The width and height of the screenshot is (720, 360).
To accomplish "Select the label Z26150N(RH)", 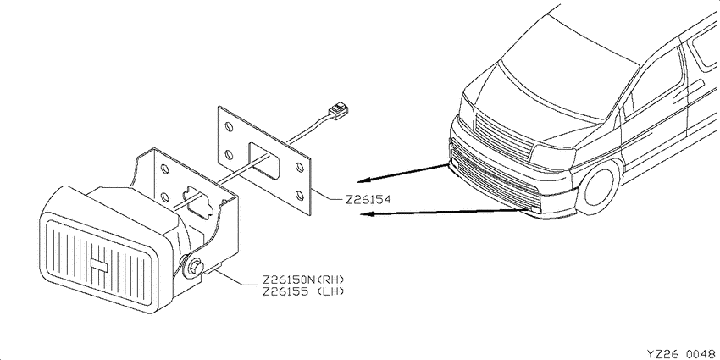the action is coord(303,280).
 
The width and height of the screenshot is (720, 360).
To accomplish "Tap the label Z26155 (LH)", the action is coord(303,291).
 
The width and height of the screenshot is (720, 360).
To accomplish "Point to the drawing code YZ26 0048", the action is coord(683,353).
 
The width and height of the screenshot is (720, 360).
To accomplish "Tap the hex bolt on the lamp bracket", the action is coord(195,267).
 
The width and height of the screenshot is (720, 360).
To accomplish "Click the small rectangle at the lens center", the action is coord(99,264).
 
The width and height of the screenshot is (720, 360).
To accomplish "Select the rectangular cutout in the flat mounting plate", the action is coord(265,160).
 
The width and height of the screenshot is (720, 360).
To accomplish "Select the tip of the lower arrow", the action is coord(361,214).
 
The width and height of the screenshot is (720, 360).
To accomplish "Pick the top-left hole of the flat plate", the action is coord(229,126).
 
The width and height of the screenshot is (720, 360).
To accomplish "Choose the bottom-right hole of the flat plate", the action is coord(300,196).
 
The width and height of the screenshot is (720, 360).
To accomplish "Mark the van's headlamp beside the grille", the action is coord(553,156).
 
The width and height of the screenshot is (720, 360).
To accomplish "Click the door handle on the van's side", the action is coord(689,91).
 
